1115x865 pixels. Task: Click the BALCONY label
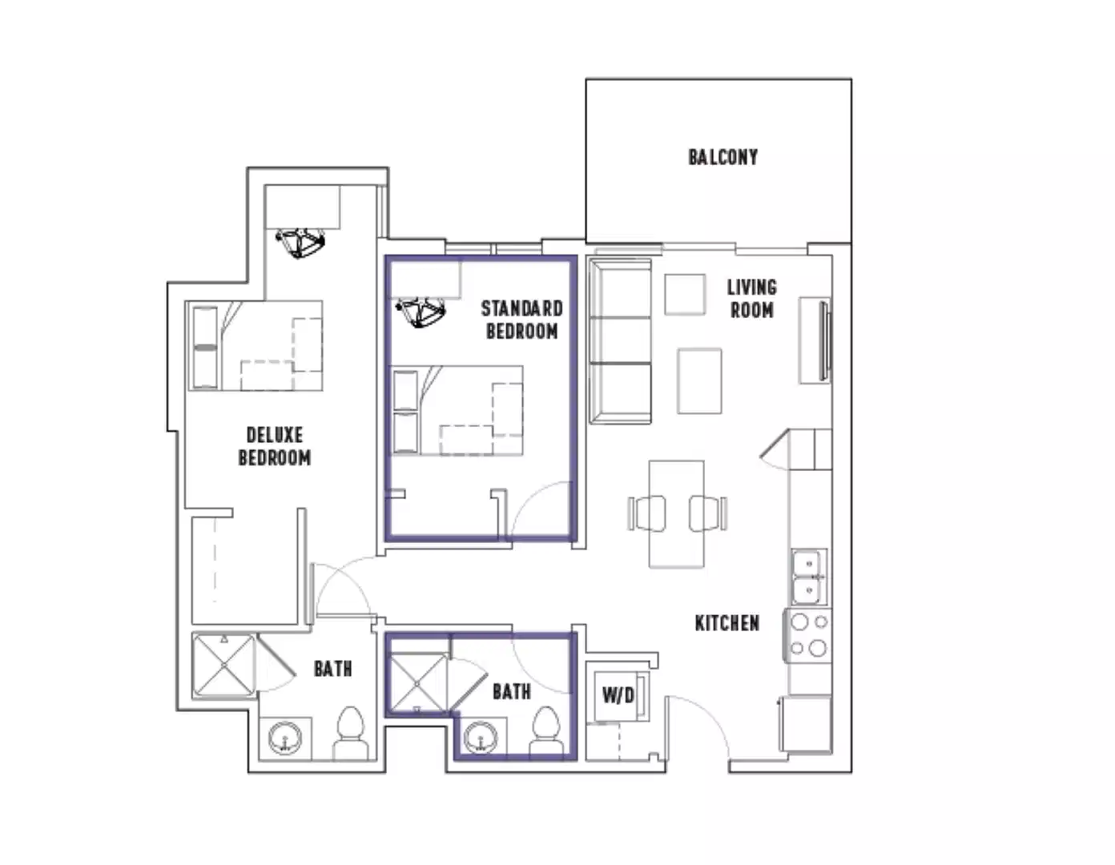(723, 157)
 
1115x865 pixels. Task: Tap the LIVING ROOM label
(751, 299)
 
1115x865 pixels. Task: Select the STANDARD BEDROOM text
(521, 320)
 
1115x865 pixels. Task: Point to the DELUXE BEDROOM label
(275, 446)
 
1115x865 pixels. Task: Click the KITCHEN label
(727, 623)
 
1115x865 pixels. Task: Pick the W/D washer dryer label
(618, 694)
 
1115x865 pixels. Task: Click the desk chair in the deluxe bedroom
(300, 241)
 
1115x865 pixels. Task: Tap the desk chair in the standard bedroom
(421, 312)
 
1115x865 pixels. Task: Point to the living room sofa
(620, 340)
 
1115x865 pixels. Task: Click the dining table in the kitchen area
(677, 513)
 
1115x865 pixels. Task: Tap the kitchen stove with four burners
(808, 635)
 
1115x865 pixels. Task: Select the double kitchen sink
(809, 577)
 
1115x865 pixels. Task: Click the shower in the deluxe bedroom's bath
(224, 665)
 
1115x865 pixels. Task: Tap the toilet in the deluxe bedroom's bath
(351, 732)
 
